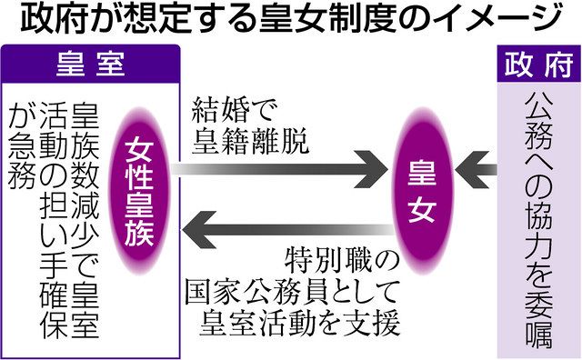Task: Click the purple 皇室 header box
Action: [91, 64]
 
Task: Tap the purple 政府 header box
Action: [539, 64]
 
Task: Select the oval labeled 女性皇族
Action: [139, 191]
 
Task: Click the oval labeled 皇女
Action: [423, 191]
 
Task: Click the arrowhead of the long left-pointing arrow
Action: [199, 230]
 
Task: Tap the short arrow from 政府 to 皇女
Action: [476, 169]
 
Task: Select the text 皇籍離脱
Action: [251, 141]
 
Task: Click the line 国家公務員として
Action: [293, 292]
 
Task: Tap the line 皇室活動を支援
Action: [300, 323]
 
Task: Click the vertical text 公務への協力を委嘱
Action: [539, 220]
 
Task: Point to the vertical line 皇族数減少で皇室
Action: [85, 220]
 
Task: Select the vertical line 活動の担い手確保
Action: [54, 220]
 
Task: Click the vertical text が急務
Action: [23, 145]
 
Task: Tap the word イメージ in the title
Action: [496, 18]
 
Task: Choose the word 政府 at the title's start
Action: [51, 18]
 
